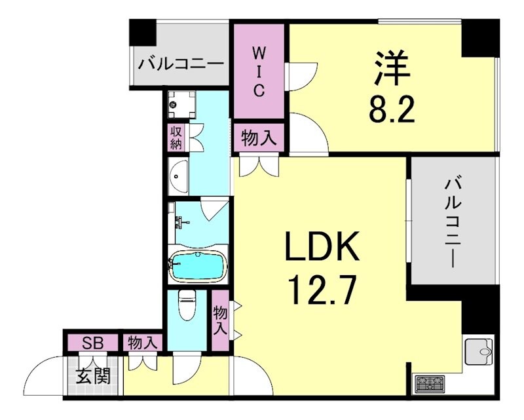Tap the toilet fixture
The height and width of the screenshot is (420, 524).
(x=187, y=307)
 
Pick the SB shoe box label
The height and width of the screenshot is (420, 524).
(x=91, y=342)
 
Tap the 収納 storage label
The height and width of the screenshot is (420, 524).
(x=176, y=138)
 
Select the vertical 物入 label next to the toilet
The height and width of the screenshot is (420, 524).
(x=219, y=320)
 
